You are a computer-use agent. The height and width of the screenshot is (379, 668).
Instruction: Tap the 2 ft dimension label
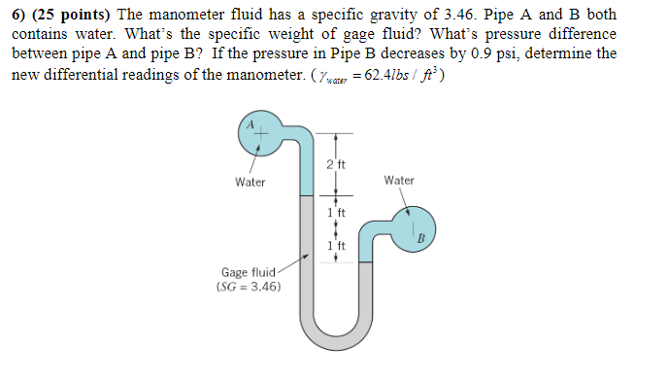pos(336,164)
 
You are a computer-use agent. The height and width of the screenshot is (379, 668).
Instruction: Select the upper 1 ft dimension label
pos(336,212)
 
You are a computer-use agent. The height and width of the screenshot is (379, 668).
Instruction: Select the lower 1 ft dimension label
pos(336,247)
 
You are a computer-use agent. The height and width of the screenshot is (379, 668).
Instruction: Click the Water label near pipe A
pos(250,183)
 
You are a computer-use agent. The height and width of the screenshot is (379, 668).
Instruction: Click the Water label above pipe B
pos(399,181)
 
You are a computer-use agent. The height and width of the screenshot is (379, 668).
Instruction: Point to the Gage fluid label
pos(249,273)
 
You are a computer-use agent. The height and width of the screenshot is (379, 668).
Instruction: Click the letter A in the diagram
pos(249,123)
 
